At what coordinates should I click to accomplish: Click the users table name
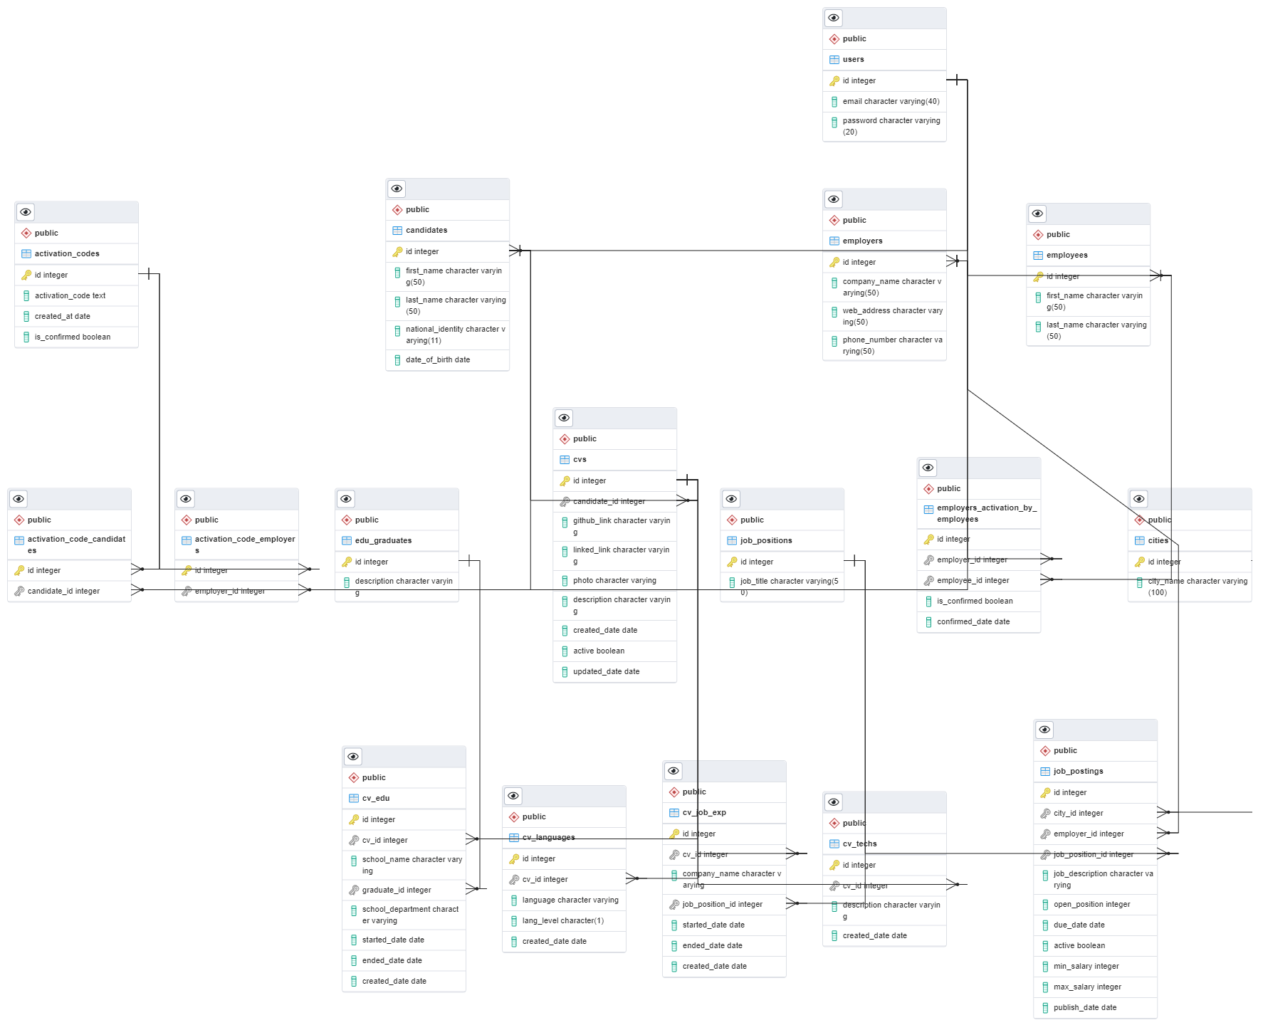[x=853, y=60]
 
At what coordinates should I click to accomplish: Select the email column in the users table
[x=891, y=102]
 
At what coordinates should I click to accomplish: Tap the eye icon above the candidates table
[x=397, y=189]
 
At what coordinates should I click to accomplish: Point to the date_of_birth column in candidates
[x=437, y=360]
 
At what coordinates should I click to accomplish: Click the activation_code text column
[x=70, y=296]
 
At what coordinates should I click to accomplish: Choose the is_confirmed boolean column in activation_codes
[x=72, y=337]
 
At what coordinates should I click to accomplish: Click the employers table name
[x=862, y=241]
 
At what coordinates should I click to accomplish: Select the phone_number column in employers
[x=891, y=345]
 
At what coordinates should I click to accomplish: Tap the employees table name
[x=1067, y=256]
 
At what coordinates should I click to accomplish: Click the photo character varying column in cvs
[x=614, y=581]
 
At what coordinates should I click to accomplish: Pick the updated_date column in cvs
[x=606, y=672]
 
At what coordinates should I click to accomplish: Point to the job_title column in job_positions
[x=789, y=582]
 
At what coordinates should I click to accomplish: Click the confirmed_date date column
[x=973, y=622]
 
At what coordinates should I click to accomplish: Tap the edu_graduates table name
[x=383, y=541]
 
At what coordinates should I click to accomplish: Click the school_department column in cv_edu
[x=409, y=915]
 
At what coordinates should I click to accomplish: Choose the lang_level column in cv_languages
[x=562, y=921]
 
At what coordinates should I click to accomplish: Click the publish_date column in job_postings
[x=1084, y=1008]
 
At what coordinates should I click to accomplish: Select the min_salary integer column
[x=1086, y=967]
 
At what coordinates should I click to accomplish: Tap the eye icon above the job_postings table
[x=1044, y=730]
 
